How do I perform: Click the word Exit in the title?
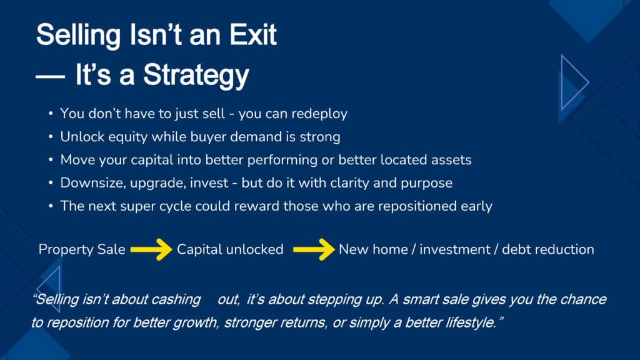[x=253, y=35]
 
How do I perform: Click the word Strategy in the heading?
[x=196, y=76]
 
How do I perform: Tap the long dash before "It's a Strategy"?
[x=50, y=76]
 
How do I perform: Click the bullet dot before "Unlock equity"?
[x=51, y=137]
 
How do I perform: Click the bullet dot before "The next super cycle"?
[x=51, y=206]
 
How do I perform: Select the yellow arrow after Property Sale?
[x=151, y=249]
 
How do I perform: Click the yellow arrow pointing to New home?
[x=314, y=249]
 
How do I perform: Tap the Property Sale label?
[x=82, y=249]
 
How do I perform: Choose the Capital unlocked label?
[x=230, y=249]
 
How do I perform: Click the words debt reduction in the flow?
[x=548, y=249]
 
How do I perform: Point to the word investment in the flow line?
[x=455, y=249]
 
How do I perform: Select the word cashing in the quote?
[x=176, y=300]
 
